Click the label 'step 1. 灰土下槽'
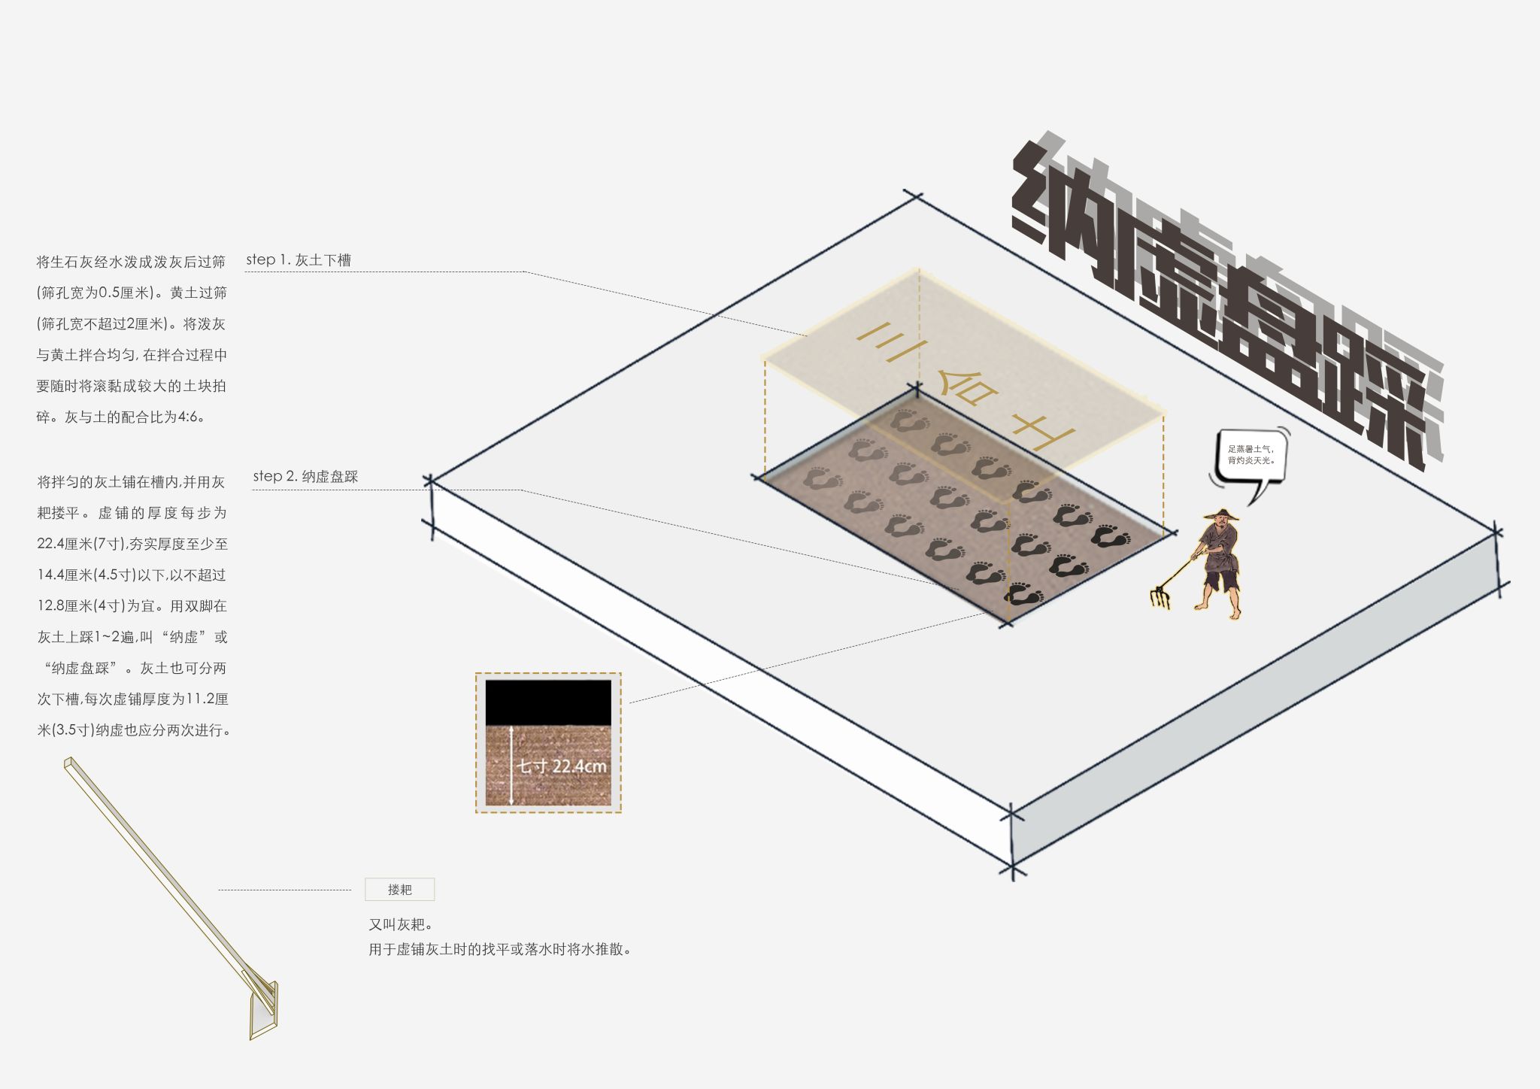coord(299,260)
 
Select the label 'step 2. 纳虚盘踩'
coord(305,476)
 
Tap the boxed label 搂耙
coord(399,890)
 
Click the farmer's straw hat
coord(1220,514)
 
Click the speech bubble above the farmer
coord(1249,461)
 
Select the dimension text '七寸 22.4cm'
coord(561,766)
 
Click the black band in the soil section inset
coord(548,702)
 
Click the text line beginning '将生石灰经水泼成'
coord(131,262)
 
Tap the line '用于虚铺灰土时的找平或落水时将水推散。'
coord(499,949)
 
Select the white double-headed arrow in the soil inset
coord(511,765)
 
